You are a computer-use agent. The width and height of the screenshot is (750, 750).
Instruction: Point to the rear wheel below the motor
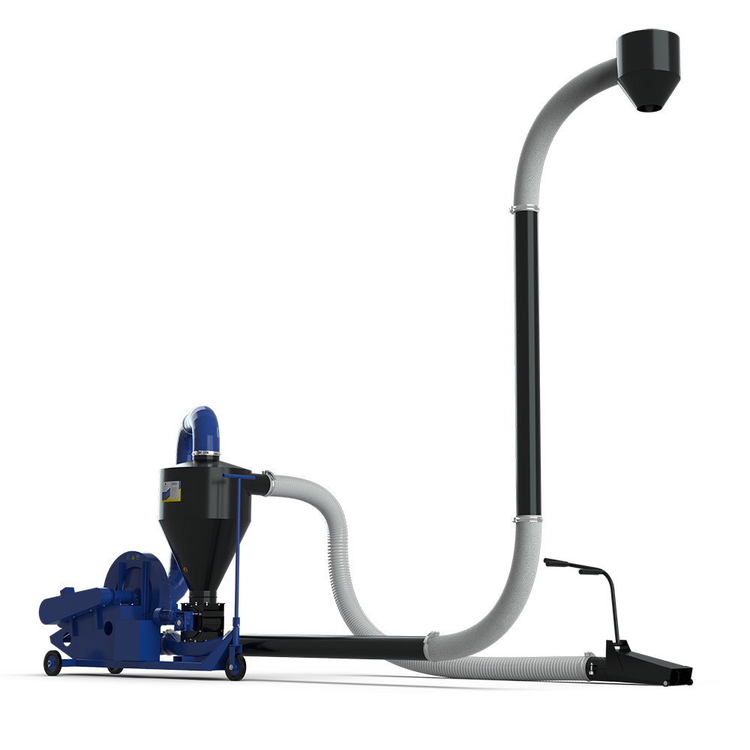click(x=52, y=662)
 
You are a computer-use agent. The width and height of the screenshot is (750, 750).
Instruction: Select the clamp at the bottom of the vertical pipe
click(x=526, y=517)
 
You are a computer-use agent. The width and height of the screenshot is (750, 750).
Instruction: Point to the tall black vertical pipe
click(x=527, y=360)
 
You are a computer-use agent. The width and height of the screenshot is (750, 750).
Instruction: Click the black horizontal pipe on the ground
click(x=330, y=646)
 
